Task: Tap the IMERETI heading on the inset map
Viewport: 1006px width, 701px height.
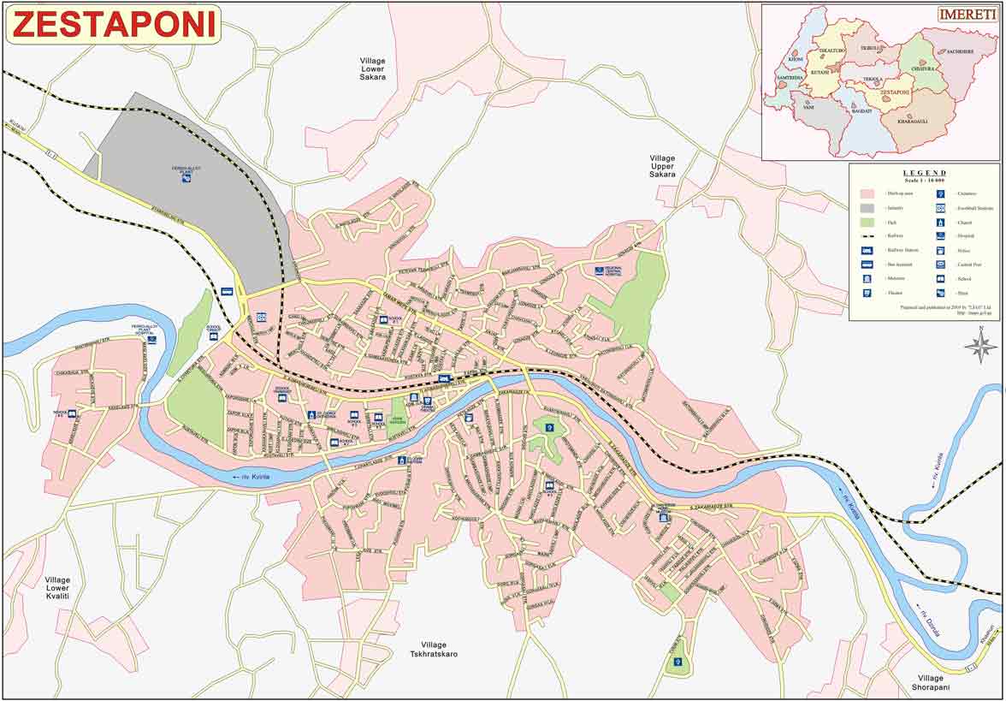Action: pyautogui.click(x=967, y=15)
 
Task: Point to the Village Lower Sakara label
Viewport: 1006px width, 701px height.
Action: pyautogui.click(x=372, y=68)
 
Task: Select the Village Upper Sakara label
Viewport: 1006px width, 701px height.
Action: pyautogui.click(x=662, y=166)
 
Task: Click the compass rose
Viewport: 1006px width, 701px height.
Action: pyautogui.click(x=981, y=346)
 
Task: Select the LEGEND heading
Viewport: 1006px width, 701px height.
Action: pyautogui.click(x=924, y=173)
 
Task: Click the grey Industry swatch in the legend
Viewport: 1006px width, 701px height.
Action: pyautogui.click(x=867, y=209)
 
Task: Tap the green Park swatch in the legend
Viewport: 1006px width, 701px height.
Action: pyautogui.click(x=867, y=223)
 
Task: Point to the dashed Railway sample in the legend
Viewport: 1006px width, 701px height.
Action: pyautogui.click(x=867, y=235)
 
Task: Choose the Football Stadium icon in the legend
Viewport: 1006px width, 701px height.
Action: pyautogui.click(x=940, y=208)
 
